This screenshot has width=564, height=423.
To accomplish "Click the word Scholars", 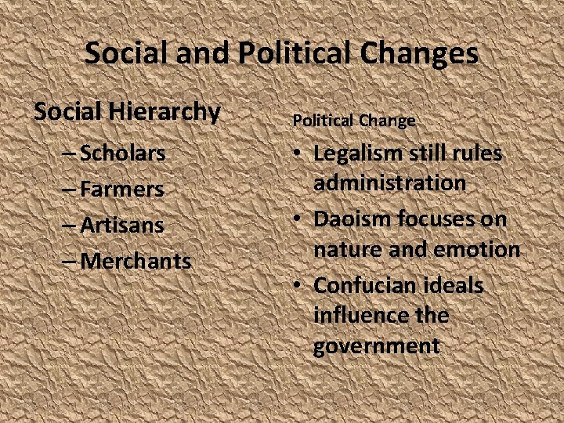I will pos(123,153).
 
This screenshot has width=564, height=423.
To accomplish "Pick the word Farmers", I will pos(122,189).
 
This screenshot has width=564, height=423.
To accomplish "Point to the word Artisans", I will pos(122,225).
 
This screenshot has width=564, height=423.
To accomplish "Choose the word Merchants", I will pos(136,261).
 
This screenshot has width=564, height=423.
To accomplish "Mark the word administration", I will pos(389,183).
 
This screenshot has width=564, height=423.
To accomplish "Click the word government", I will pos(376,345).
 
